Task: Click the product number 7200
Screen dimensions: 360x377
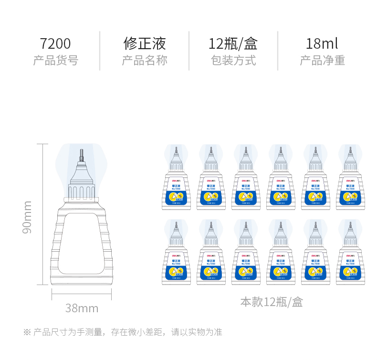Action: (55, 44)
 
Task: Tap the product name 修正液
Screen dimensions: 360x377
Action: (145, 44)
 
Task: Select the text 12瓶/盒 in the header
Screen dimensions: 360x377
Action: (233, 44)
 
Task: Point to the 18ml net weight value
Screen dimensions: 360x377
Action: (322, 44)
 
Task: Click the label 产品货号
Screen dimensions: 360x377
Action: (55, 61)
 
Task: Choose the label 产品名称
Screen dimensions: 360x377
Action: (145, 61)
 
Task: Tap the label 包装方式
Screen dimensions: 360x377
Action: (233, 61)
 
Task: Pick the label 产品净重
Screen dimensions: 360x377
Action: (322, 61)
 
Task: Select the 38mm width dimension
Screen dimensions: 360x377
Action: (82, 308)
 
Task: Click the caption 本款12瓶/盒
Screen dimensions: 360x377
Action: (271, 302)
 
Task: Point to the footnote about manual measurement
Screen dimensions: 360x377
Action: (123, 332)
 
